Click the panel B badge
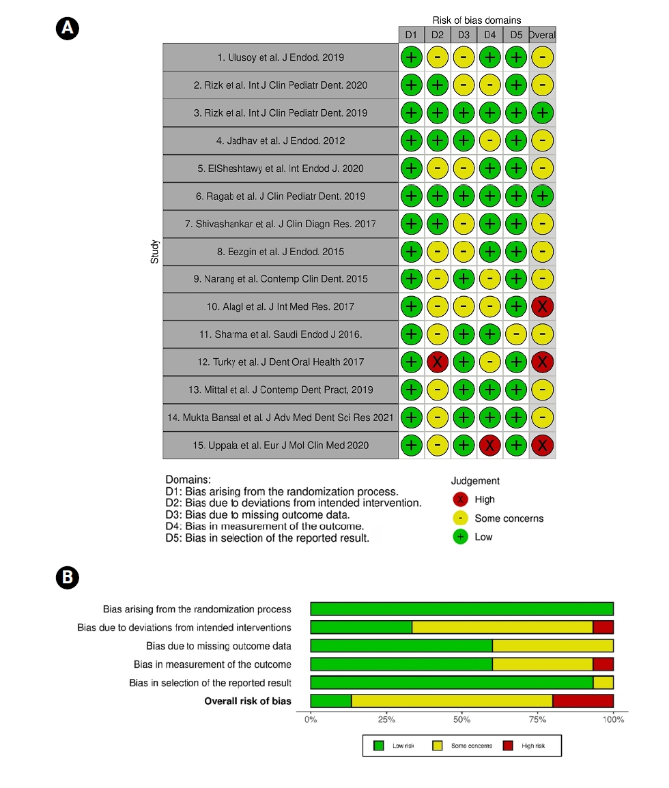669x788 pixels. pyautogui.click(x=68, y=577)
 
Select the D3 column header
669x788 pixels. pyautogui.click(x=464, y=34)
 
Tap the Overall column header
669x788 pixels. pyautogui.click(x=542, y=34)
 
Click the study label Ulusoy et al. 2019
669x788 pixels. pyautogui.click(x=281, y=57)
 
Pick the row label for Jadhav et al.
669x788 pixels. pyautogui.click(x=281, y=141)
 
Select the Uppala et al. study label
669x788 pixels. pyautogui.click(x=281, y=446)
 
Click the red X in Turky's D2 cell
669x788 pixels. pyautogui.click(x=437, y=362)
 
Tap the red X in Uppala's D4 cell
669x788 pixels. pyautogui.click(x=489, y=446)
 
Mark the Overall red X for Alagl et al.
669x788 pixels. pyautogui.click(x=542, y=307)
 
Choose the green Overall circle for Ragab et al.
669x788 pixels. pyautogui.click(x=542, y=196)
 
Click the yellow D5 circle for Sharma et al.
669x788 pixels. pyautogui.click(x=516, y=334)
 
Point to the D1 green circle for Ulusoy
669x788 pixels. pyautogui.click(x=411, y=57)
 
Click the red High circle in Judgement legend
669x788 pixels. pyautogui.click(x=460, y=499)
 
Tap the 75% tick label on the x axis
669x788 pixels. pyautogui.click(x=538, y=719)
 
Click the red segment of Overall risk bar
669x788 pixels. pyautogui.click(x=583, y=701)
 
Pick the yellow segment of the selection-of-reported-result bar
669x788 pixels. pyautogui.click(x=603, y=682)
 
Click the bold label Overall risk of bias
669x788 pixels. pyautogui.click(x=248, y=701)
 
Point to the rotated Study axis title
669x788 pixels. pyautogui.click(x=155, y=251)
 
